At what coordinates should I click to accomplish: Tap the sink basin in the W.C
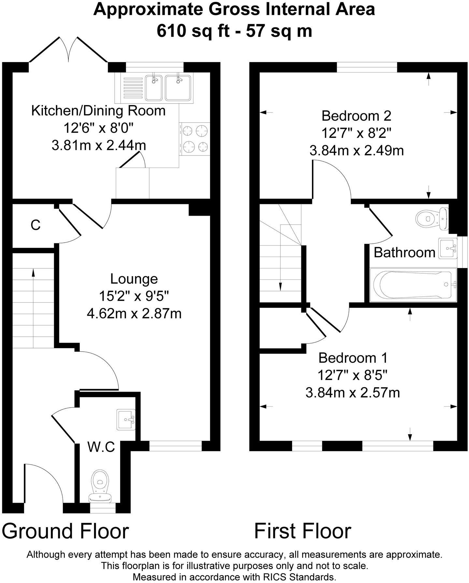coord(126,420)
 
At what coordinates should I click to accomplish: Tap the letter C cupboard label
coord(36,225)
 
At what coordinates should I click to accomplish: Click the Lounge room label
coord(134,279)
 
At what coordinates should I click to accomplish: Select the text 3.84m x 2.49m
coord(356,151)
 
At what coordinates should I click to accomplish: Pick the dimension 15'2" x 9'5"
coord(134,296)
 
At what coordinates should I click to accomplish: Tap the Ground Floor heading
coord(65,531)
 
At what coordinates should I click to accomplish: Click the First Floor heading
coord(303,531)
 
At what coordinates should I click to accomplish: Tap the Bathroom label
coord(404,252)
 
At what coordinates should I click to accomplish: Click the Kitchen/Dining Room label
coord(98,111)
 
